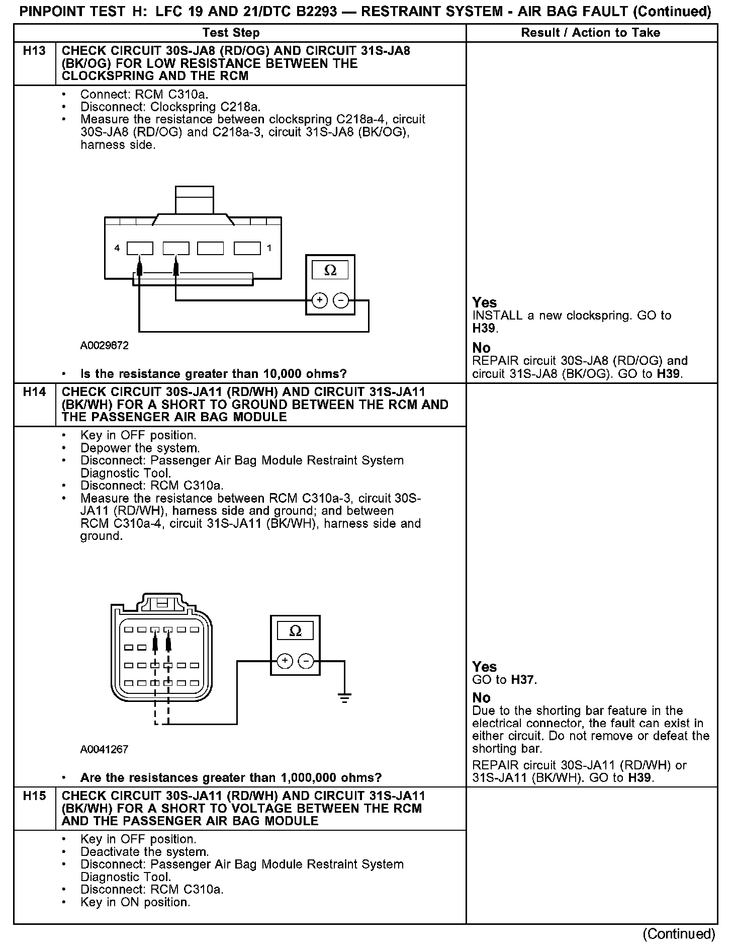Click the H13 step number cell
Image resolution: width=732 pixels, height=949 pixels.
point(34,51)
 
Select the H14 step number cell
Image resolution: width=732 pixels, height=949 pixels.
point(34,392)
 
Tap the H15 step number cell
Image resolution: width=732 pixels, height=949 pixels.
point(34,796)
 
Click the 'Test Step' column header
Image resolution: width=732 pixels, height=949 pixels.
point(231,33)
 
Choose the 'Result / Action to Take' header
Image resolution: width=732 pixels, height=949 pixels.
point(590,33)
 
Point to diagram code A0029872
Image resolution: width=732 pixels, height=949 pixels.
point(104,346)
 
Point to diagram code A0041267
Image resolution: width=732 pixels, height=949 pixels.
point(104,749)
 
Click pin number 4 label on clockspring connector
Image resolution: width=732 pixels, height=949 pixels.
point(117,248)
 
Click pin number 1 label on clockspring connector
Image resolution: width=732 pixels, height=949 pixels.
point(269,248)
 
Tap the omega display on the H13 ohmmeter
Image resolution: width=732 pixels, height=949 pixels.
point(330,271)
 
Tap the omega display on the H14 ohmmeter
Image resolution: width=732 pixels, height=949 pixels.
point(295,631)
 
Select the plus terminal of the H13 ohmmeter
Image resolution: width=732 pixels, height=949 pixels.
point(320,301)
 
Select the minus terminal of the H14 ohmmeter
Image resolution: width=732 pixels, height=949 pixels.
point(306,661)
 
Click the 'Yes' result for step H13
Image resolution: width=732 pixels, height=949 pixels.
point(485,302)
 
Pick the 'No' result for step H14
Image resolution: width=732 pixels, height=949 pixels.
point(481,698)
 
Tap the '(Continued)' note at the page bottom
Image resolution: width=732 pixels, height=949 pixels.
point(678,934)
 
